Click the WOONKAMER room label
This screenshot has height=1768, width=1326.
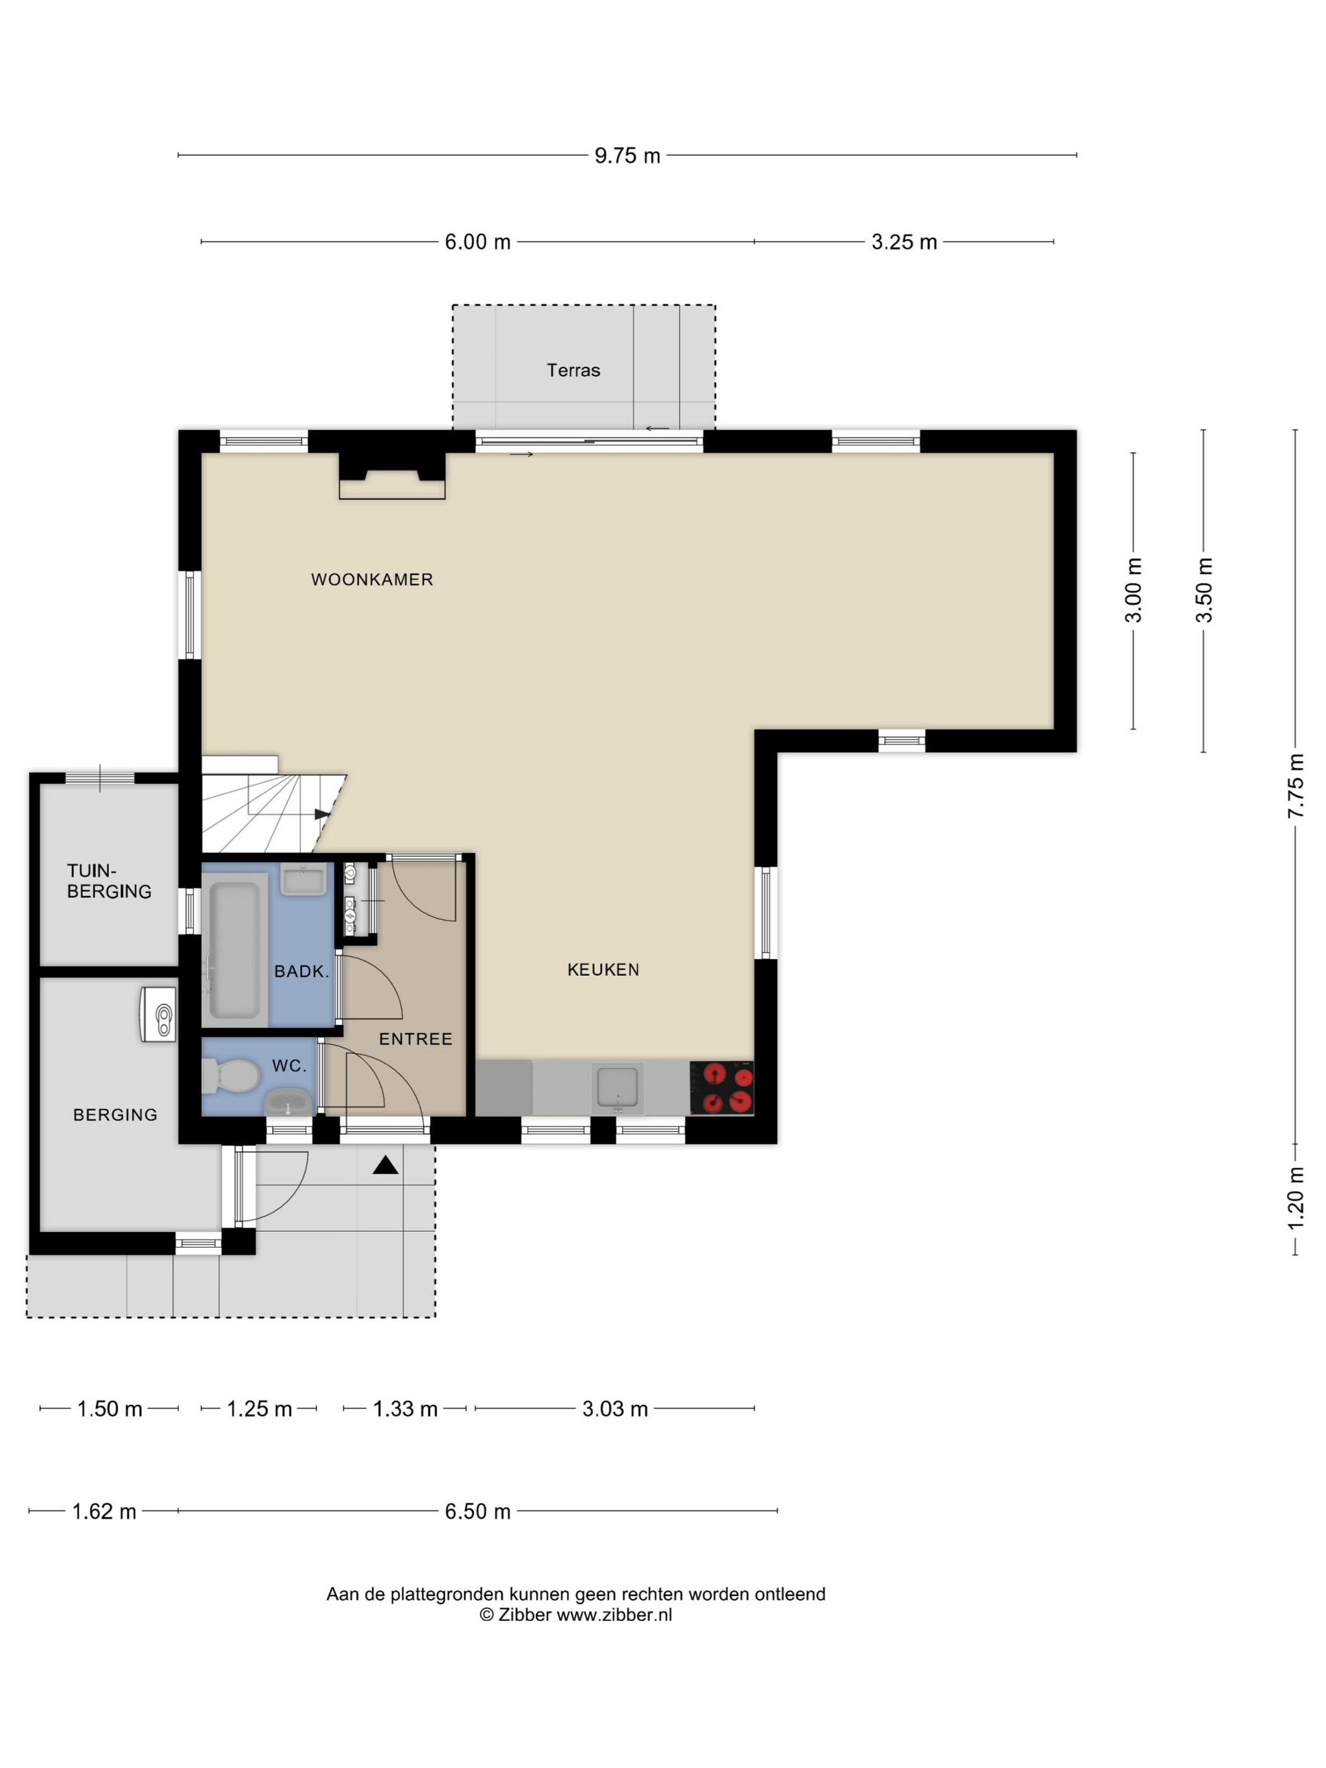tap(372, 580)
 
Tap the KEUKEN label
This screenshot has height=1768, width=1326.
tap(602, 969)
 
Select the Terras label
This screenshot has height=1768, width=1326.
tap(573, 370)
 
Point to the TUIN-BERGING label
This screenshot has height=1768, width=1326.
tap(109, 881)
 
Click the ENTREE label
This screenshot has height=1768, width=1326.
tap(415, 1039)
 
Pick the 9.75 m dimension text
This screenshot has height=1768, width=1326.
tap(628, 156)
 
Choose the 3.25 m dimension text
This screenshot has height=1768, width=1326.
tap(904, 242)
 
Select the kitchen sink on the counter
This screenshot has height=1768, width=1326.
tap(617, 1087)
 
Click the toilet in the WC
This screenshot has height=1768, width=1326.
tap(230, 1076)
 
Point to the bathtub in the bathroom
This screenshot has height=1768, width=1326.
tap(234, 950)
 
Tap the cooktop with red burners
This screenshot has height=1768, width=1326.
tap(722, 1088)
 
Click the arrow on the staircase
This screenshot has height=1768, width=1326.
tap(321, 815)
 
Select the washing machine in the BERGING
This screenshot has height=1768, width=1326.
tap(158, 1013)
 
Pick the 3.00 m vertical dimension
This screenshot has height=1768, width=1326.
tap(1133, 590)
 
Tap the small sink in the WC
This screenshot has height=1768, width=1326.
tap(289, 1102)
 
